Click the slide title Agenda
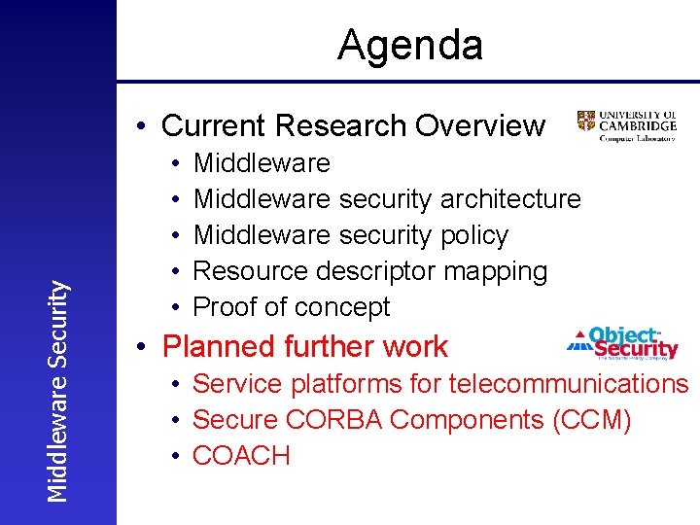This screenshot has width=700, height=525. coord(409,46)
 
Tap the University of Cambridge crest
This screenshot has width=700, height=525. coord(586,121)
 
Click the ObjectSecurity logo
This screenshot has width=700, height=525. coord(622,343)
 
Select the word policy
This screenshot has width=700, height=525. coord(473,235)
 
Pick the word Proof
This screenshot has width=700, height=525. coord(227,307)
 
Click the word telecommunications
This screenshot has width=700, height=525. coord(568,384)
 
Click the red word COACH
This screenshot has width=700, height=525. coord(241,456)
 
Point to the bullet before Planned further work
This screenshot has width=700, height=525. coord(142,347)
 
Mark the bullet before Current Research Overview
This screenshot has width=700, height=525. coord(142,126)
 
